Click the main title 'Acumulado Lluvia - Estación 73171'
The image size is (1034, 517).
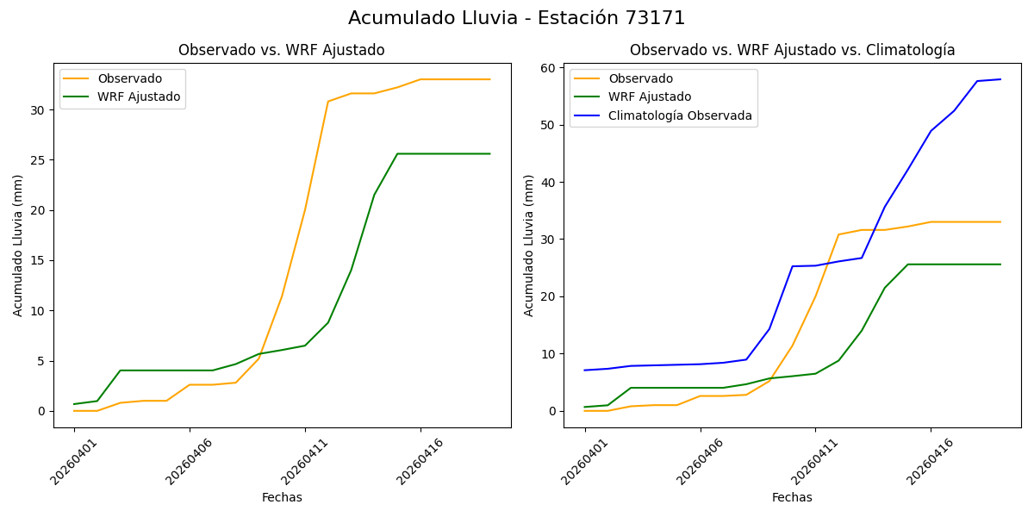click(x=517, y=18)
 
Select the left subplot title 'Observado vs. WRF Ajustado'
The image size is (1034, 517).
click(x=282, y=50)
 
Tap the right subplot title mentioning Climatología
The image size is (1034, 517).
click(x=792, y=50)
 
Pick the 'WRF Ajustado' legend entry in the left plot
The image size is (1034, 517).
click(x=139, y=97)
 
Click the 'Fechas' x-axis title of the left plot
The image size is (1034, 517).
click(x=282, y=497)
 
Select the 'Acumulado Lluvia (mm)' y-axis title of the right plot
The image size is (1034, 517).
click(x=529, y=246)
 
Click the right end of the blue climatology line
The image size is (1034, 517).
click(x=1000, y=79)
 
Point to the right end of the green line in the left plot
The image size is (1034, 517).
click(x=490, y=154)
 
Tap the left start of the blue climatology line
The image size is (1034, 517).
click(x=585, y=371)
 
